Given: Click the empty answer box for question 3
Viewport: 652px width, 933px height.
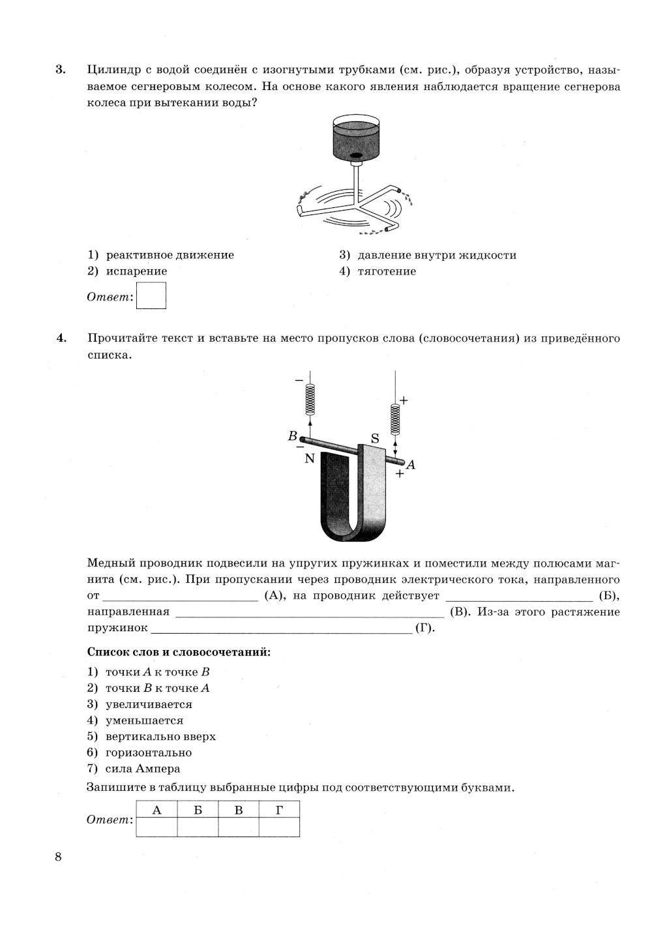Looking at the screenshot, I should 152,295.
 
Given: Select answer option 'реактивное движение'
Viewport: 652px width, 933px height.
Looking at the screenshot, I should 170,255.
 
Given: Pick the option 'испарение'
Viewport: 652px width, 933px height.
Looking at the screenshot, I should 136,271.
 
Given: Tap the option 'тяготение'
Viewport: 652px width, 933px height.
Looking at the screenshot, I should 387,271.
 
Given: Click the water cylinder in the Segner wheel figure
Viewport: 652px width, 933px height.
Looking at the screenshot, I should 356,139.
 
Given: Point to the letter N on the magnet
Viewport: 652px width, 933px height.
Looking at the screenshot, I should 310,458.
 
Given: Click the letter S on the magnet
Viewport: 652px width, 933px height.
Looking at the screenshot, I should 375,439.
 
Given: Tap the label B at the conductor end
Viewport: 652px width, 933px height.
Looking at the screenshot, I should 293,436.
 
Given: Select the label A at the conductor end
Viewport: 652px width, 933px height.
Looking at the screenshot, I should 411,464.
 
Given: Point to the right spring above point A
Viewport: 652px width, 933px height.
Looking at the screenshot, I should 394,419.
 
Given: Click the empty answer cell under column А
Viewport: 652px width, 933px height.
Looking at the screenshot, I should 156,827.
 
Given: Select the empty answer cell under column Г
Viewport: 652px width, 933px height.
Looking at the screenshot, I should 279,827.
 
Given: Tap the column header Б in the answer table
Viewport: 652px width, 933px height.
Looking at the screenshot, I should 198,810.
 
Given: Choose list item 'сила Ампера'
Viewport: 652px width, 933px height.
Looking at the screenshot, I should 143,769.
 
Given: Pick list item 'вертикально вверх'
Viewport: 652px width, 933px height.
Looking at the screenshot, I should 160,737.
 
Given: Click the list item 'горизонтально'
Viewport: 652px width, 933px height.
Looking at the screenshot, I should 149,752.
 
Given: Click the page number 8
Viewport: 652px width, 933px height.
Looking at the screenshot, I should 58,857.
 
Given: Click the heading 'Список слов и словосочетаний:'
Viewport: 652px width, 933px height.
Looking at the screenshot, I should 179,652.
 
